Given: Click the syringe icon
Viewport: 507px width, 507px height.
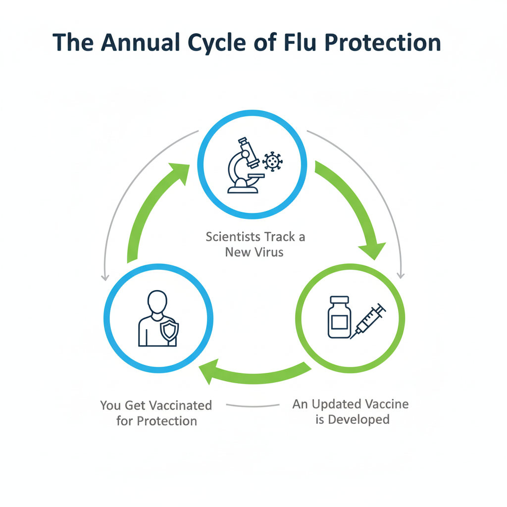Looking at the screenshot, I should point(369,321).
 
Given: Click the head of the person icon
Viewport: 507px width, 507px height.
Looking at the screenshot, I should point(157,302).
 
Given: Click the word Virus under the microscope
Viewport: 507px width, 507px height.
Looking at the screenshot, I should point(268,252).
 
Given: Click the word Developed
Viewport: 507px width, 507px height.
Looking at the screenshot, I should point(359,420).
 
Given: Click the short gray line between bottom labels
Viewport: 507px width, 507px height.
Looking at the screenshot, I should point(253,406).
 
